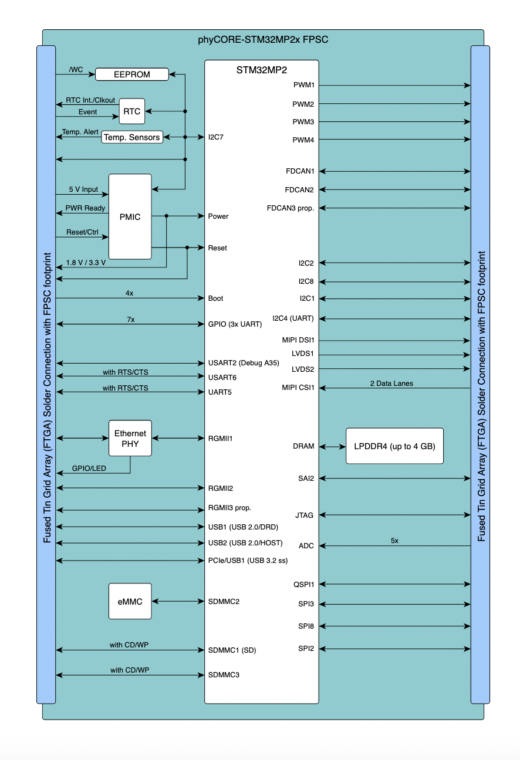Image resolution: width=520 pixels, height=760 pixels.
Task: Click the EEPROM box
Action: click(131, 74)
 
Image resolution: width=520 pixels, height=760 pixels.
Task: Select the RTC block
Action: click(132, 111)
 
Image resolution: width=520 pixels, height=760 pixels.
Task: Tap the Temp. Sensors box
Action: click(131, 137)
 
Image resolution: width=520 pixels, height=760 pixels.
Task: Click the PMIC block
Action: click(130, 216)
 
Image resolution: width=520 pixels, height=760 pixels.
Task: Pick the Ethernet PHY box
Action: click(130, 438)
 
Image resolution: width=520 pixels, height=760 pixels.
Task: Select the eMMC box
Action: click(130, 601)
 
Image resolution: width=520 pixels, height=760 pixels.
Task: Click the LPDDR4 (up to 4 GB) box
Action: click(394, 446)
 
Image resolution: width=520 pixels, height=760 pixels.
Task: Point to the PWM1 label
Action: click(304, 86)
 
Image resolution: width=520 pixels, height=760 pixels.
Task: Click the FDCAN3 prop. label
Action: click(291, 208)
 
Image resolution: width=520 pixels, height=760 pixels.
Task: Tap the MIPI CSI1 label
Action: click(299, 388)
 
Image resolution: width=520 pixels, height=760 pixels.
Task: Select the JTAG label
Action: click(305, 515)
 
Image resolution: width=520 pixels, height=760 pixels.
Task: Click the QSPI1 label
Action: click(304, 585)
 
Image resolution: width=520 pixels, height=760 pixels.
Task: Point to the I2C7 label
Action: click(216, 137)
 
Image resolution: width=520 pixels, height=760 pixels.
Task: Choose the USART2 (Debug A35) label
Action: click(244, 363)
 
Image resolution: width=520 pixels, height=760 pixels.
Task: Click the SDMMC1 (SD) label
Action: click(232, 650)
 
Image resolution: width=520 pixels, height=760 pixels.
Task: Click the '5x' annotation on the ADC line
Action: click(394, 541)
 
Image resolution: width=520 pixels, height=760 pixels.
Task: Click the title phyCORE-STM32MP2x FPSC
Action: click(263, 40)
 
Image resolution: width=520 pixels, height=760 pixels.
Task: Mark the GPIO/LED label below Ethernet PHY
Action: click(90, 469)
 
